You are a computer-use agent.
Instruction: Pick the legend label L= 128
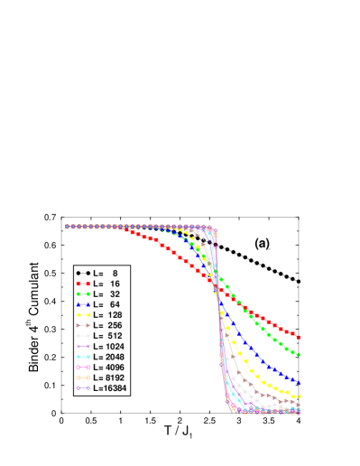pyautogui.click(x=108, y=315)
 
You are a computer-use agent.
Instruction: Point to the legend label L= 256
pyautogui.click(x=108, y=325)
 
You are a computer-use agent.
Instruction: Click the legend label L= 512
pyautogui.click(x=108, y=336)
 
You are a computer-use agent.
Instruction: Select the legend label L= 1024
pyautogui.click(x=109, y=347)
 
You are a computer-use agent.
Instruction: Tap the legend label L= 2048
pyautogui.click(x=109, y=357)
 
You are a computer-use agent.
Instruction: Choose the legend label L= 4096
pyautogui.click(x=109, y=368)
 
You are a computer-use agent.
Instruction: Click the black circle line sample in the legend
pyautogui.click(x=83, y=273)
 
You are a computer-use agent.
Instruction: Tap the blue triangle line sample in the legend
pyautogui.click(x=83, y=304)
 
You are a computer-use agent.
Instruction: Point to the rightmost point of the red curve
pyautogui.click(x=299, y=338)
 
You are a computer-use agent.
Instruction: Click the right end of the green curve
pyautogui.click(x=299, y=355)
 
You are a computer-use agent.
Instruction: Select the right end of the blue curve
pyautogui.click(x=299, y=383)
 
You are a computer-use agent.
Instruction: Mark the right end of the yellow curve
pyautogui.click(x=299, y=396)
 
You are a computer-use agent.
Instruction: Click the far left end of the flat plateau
pyautogui.click(x=67, y=227)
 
